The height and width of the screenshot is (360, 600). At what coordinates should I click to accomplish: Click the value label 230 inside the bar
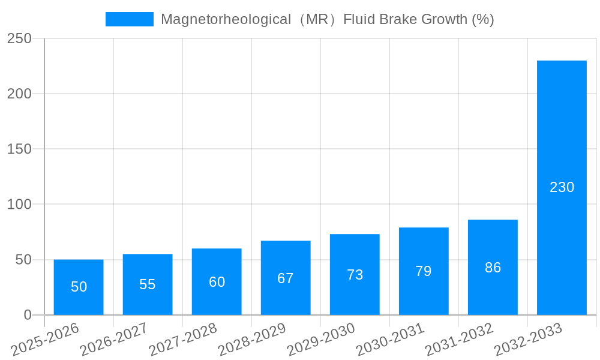click(x=562, y=187)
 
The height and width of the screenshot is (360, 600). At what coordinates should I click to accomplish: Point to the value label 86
click(x=493, y=268)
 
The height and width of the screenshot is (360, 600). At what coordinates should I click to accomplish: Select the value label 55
click(x=148, y=284)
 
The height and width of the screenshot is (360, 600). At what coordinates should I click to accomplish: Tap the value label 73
click(x=355, y=275)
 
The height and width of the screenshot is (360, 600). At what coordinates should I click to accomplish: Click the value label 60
click(x=217, y=282)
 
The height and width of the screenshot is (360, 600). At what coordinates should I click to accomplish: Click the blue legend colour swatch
click(x=129, y=19)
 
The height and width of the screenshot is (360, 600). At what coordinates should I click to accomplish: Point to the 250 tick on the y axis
click(x=19, y=38)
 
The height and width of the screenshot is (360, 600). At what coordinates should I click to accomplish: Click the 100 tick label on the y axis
click(x=19, y=205)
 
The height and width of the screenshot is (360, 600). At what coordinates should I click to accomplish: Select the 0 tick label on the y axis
click(x=27, y=315)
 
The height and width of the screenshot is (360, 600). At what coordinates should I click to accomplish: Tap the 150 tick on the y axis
click(x=19, y=149)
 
